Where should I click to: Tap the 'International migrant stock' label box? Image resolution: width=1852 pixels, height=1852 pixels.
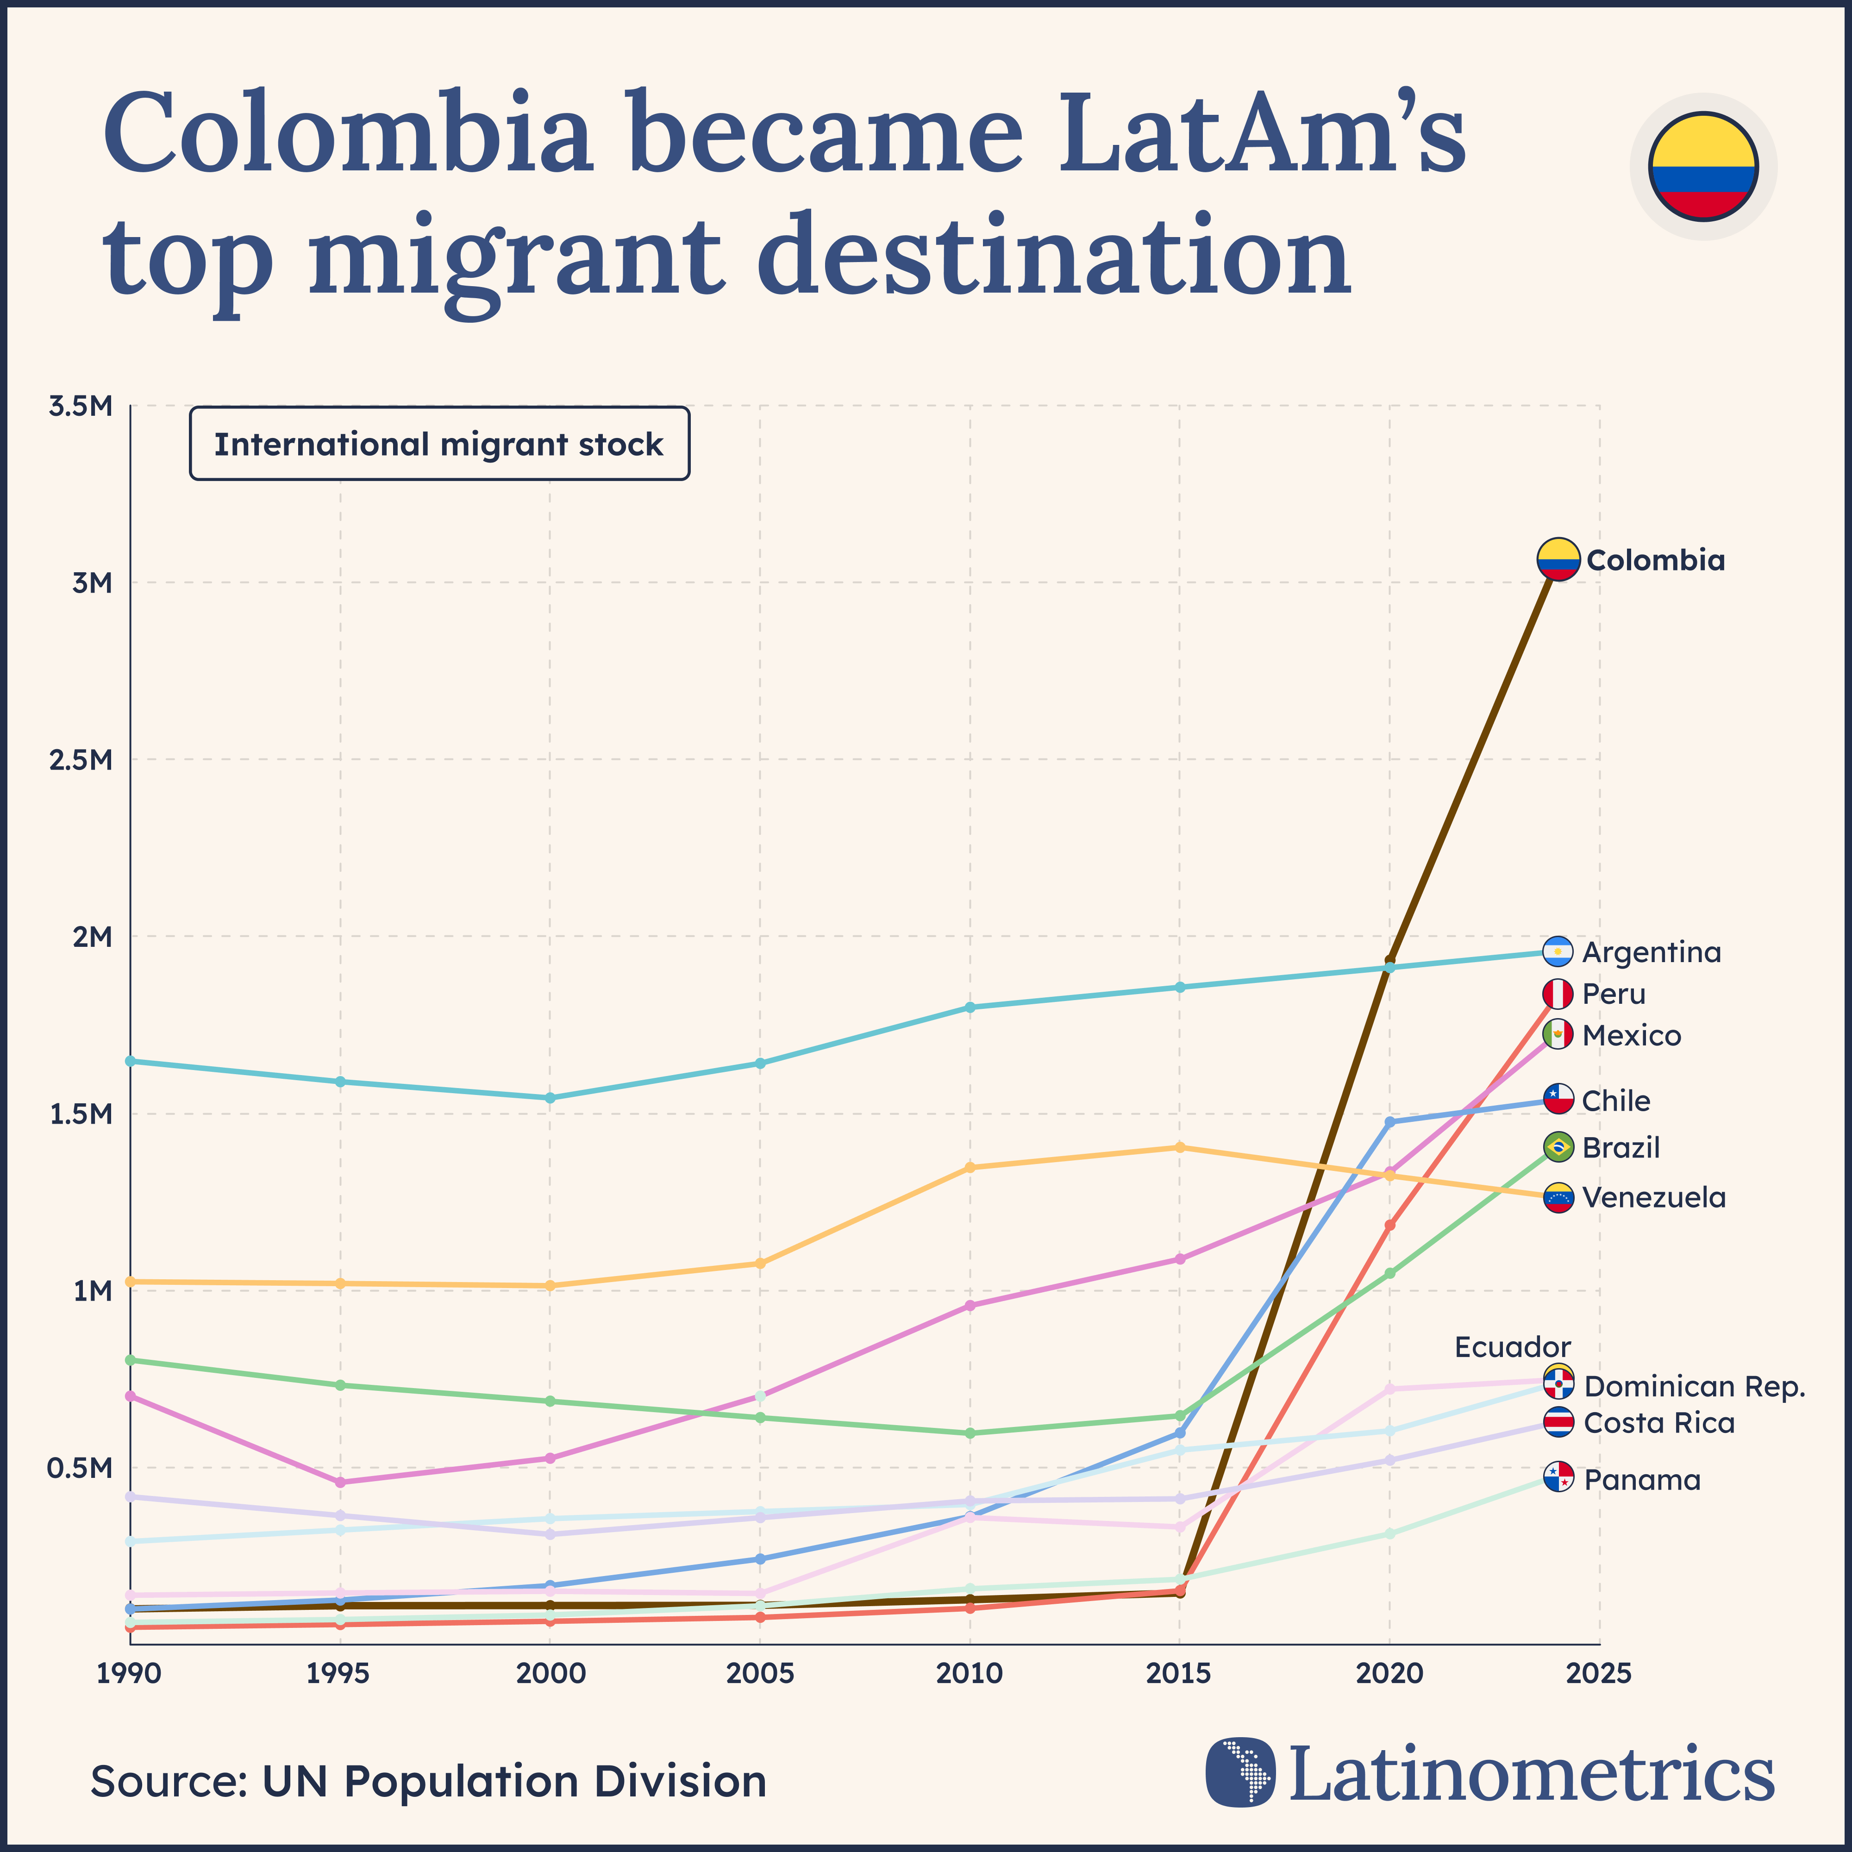tap(439, 444)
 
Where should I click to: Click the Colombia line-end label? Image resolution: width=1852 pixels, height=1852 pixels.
tap(1656, 561)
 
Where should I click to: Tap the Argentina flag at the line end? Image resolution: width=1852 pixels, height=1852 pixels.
tap(1558, 952)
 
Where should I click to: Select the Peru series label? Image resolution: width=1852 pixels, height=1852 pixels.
tap(1614, 994)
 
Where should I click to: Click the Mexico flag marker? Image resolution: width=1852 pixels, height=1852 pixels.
tap(1558, 1034)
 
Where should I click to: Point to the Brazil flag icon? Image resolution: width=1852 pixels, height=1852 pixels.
tap(1558, 1146)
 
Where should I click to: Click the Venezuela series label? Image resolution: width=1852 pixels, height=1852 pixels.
tap(1653, 1197)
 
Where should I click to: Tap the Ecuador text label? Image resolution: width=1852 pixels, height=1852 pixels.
tap(1513, 1347)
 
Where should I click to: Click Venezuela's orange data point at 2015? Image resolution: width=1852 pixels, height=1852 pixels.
tap(1180, 1146)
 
